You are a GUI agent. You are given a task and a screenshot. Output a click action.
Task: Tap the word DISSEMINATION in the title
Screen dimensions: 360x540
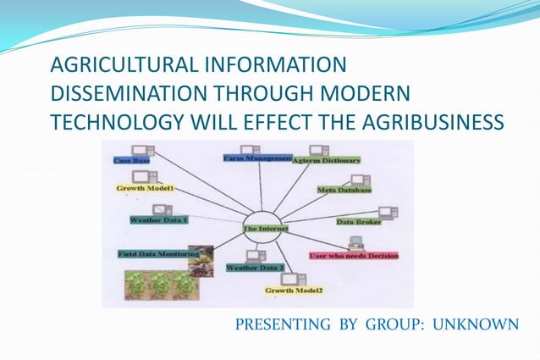pyautogui.click(x=145, y=94)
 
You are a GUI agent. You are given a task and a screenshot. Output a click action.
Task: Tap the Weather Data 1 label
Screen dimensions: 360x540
pyautogui.click(x=158, y=219)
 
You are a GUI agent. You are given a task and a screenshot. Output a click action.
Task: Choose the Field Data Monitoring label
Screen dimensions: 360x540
pyautogui.click(x=157, y=253)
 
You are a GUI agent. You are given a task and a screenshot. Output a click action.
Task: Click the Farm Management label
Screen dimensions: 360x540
pyautogui.click(x=257, y=158)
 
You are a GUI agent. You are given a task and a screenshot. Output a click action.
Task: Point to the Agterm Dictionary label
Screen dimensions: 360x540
pyautogui.click(x=326, y=160)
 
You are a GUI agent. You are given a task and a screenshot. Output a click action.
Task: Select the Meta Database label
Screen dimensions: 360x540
pyautogui.click(x=344, y=191)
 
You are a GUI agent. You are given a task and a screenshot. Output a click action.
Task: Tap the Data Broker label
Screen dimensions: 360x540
pyautogui.click(x=358, y=222)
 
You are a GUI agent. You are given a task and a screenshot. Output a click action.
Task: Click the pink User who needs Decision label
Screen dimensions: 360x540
pyautogui.click(x=353, y=255)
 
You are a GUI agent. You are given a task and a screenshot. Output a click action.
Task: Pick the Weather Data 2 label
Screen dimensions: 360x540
pyautogui.click(x=254, y=268)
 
